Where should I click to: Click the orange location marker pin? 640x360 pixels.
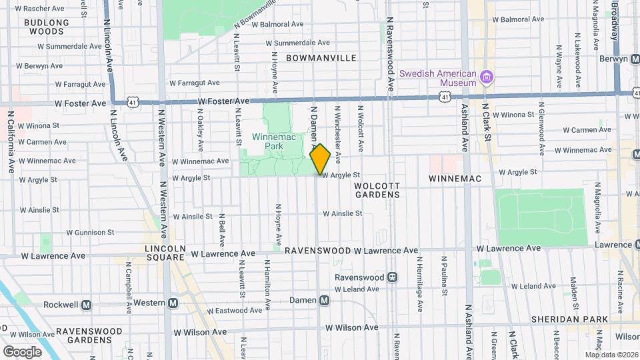[321, 159]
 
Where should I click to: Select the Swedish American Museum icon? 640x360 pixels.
[487, 78]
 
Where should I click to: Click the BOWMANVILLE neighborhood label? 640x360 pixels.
[321, 58]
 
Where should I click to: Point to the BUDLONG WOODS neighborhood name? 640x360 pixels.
[47, 27]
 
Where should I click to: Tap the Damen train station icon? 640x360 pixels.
[325, 300]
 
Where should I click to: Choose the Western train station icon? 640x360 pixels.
[173, 303]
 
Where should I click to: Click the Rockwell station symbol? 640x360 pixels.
[86, 305]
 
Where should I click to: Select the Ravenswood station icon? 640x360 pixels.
[393, 277]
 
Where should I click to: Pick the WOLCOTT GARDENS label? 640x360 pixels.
[377, 190]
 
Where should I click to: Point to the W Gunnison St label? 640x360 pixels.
[90, 233]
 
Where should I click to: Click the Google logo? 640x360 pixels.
[22, 351]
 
